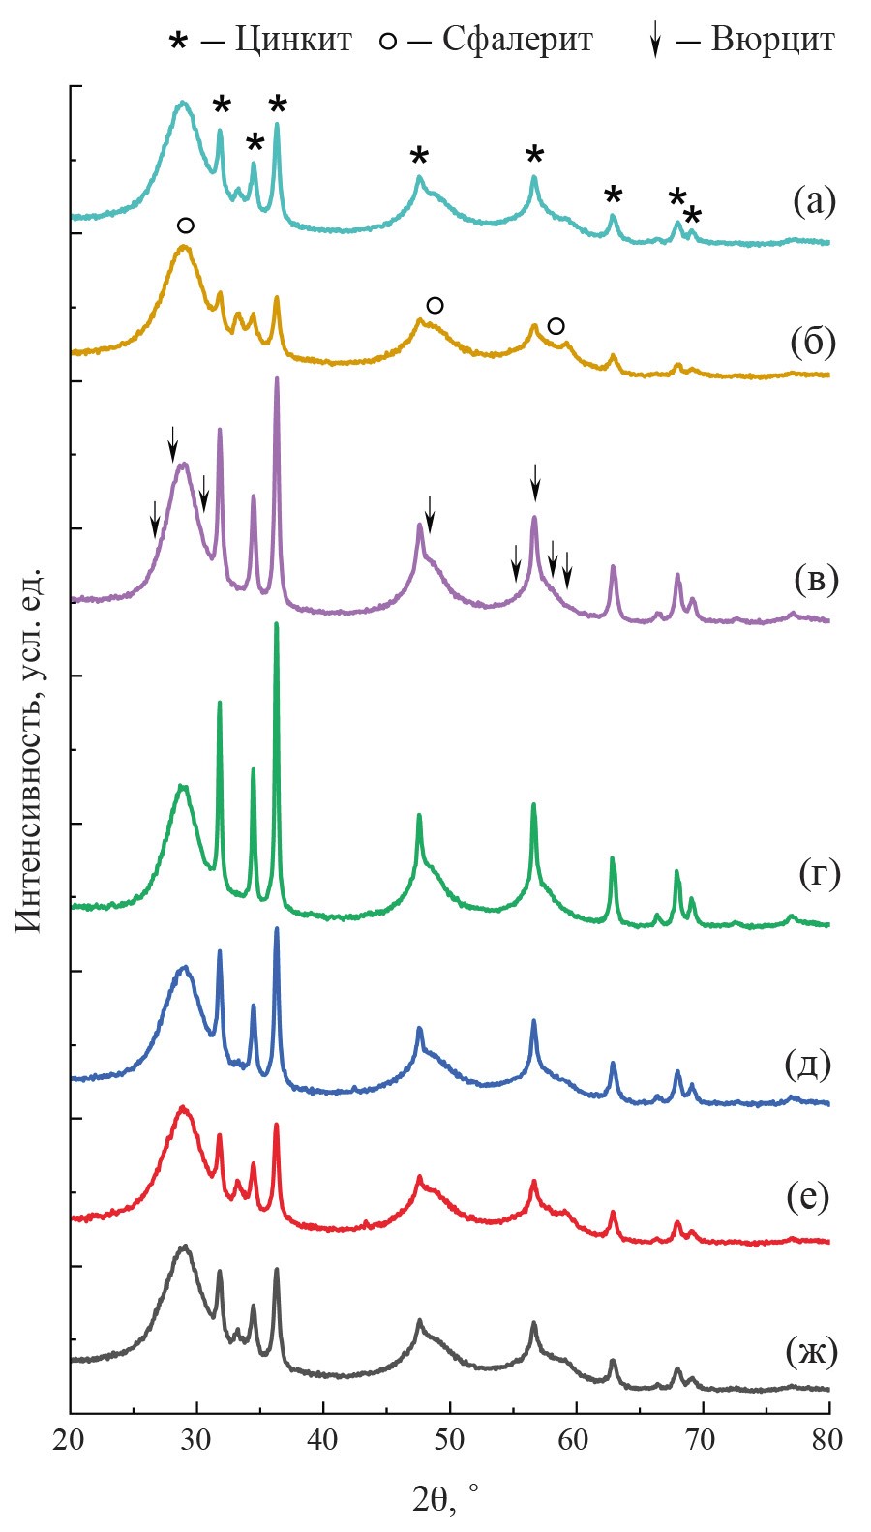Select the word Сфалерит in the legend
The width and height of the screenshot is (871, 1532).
click(517, 40)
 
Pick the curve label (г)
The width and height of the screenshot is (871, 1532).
click(819, 873)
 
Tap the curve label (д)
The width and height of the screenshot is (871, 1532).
click(808, 1064)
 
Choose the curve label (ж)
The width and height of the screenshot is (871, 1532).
click(811, 1351)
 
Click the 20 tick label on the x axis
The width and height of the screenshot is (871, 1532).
click(71, 1440)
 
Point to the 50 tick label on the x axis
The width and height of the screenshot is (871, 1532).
click(450, 1440)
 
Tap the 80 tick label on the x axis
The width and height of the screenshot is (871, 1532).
click(828, 1440)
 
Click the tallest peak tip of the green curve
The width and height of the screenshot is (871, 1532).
click(277, 624)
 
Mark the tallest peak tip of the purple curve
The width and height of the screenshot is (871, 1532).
click(277, 378)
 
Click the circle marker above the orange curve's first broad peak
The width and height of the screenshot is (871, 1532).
click(186, 225)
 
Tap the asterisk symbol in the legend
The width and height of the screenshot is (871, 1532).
click(178, 42)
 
